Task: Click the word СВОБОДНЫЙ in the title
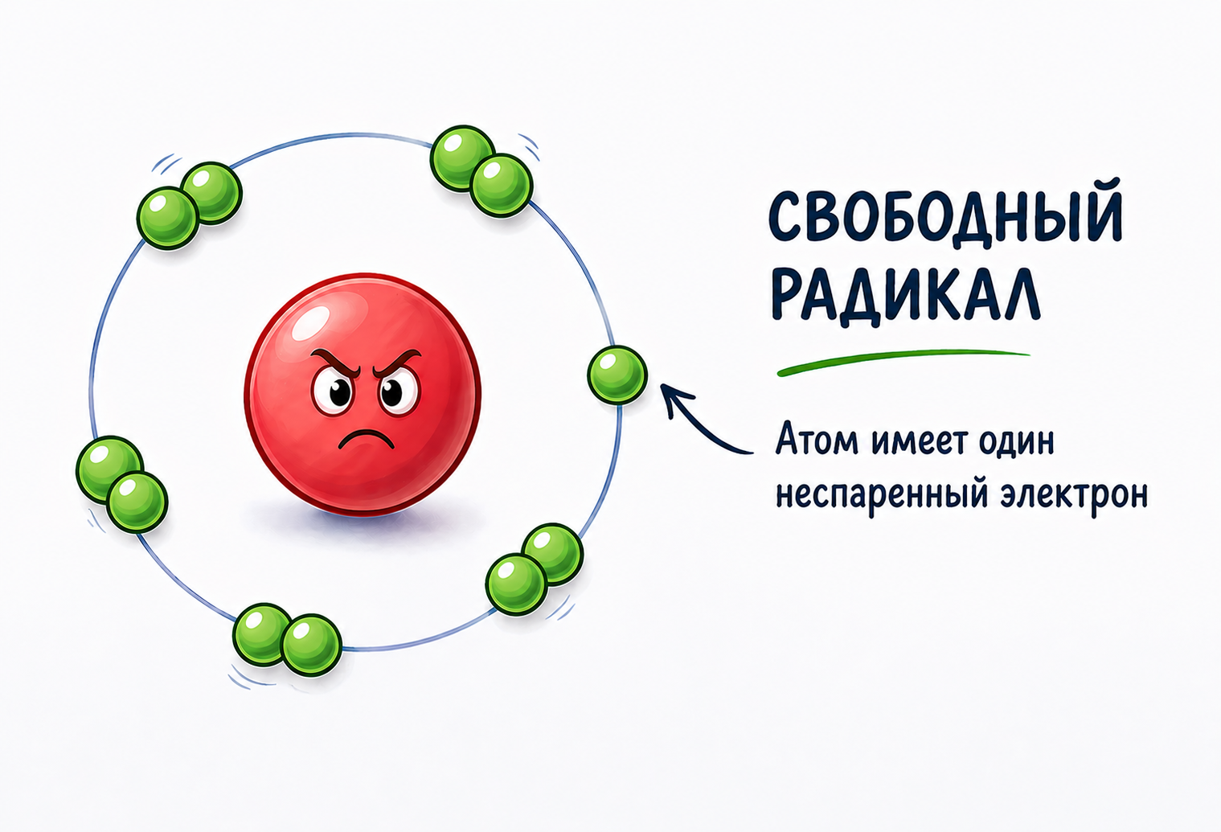(945, 218)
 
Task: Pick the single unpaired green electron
(617, 375)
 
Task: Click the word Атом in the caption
(813, 441)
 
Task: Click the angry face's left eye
(335, 391)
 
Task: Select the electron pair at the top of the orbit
(481, 170)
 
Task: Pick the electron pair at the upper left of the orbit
(190, 205)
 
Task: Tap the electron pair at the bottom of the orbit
(287, 639)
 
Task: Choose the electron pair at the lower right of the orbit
(534, 568)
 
